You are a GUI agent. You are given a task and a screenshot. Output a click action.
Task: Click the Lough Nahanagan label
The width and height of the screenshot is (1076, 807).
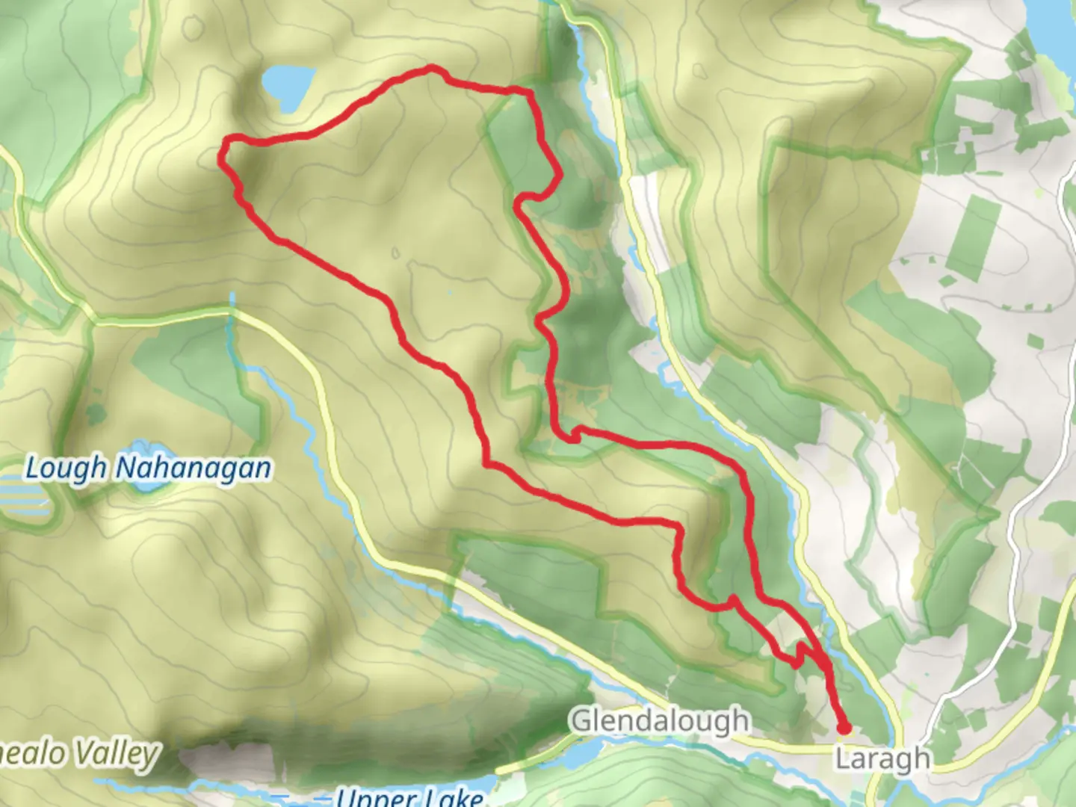coord(148,469)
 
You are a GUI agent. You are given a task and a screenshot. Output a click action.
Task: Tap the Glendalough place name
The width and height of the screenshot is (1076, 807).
coord(660,721)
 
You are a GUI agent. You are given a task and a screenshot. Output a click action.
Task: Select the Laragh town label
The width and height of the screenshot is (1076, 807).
coord(882,758)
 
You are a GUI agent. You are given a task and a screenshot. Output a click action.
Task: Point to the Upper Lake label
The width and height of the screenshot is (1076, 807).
coord(409,797)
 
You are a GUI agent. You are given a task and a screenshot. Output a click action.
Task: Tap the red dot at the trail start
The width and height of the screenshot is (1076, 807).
coord(844,727)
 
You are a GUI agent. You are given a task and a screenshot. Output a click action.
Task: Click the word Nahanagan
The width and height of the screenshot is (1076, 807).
coord(194,469)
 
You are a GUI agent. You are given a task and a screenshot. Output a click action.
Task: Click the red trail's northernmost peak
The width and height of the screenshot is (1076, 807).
coord(431,69)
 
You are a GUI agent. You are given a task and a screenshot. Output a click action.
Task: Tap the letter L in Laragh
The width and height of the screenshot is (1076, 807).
coord(842,758)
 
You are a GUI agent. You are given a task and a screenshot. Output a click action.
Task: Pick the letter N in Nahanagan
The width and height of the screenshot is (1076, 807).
coord(126,469)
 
